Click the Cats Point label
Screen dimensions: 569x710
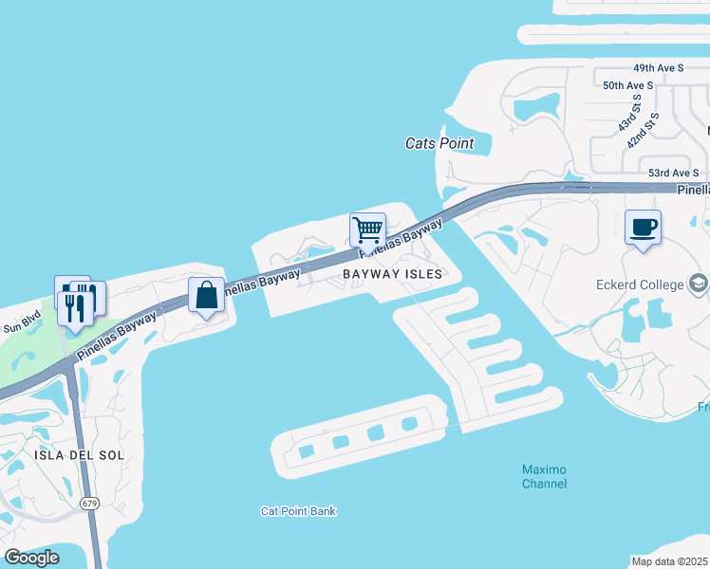(x=439, y=143)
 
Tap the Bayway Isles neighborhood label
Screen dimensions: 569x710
(x=392, y=273)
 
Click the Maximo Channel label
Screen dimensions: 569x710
(x=545, y=477)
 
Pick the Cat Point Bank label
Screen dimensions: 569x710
(x=298, y=511)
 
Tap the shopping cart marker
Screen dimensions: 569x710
(x=367, y=229)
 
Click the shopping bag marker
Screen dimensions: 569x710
(x=206, y=294)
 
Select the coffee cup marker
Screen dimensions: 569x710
(x=644, y=228)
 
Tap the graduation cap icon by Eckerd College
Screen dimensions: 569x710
(x=698, y=284)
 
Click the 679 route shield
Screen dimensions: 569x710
(x=89, y=503)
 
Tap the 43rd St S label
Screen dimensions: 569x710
(x=628, y=113)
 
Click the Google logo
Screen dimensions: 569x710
(x=31, y=558)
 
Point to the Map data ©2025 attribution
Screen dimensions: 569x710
(x=670, y=561)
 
